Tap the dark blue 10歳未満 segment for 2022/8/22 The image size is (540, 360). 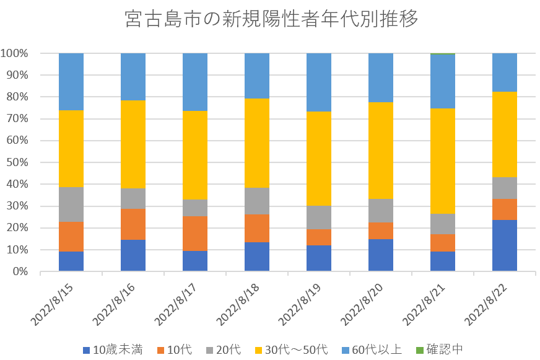[x=505, y=245]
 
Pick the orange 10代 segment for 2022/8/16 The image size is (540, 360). [x=133, y=224]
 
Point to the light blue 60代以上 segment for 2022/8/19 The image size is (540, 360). [x=319, y=82]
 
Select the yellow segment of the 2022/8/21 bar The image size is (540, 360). [x=443, y=161]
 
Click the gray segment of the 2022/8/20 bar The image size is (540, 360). [x=381, y=211]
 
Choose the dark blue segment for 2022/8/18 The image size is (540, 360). [x=257, y=257]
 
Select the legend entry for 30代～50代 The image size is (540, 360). [x=294, y=349]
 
